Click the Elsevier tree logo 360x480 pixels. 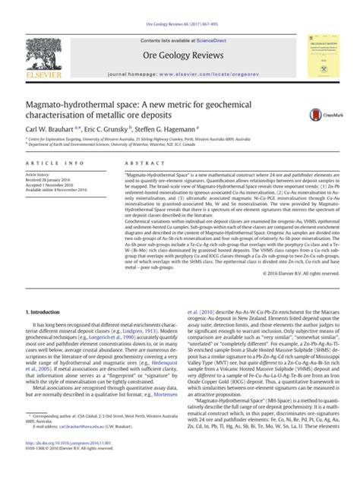tap(44, 54)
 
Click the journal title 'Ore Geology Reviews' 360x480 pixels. tap(179, 55)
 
